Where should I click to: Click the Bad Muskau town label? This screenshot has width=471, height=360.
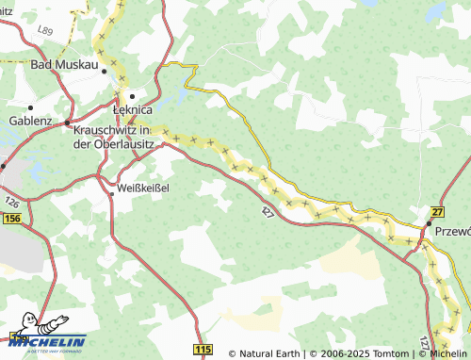click(64, 65)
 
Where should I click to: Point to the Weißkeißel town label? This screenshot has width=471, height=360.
click(143, 187)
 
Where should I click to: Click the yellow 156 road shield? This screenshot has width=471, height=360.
click(11, 219)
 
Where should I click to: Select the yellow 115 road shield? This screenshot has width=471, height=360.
click(203, 350)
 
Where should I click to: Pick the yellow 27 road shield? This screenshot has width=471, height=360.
click(437, 212)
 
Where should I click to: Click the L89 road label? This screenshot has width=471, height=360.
click(43, 31)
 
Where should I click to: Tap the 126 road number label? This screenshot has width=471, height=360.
click(10, 203)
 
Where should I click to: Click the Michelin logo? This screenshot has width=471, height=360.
click(44, 341)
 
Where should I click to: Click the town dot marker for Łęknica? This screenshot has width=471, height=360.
click(134, 95)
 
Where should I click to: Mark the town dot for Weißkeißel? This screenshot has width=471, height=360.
click(111, 192)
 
